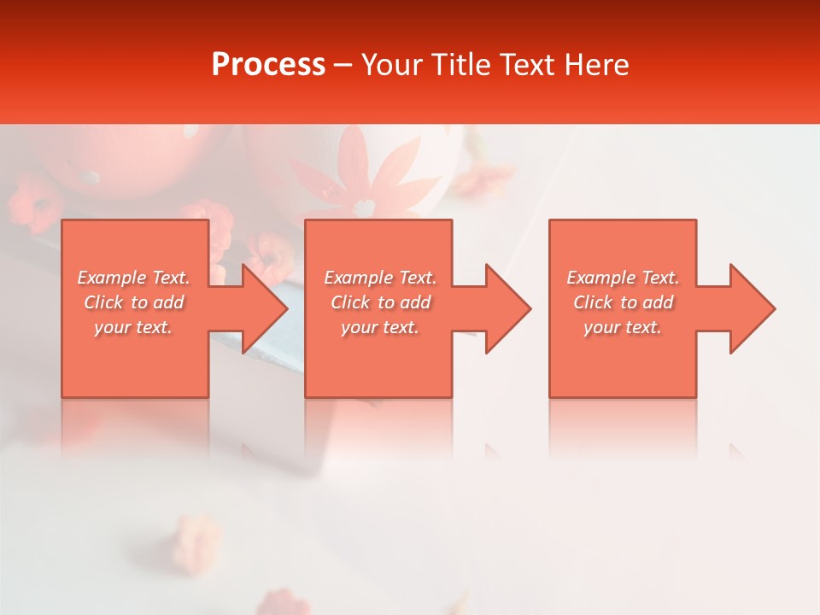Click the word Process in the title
pyautogui.click(x=268, y=65)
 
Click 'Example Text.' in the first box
pyautogui.click(x=134, y=278)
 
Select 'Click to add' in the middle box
pyautogui.click(x=380, y=302)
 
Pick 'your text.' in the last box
pyautogui.click(x=623, y=327)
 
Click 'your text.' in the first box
pyautogui.click(x=134, y=327)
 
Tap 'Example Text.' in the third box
pyautogui.click(x=623, y=278)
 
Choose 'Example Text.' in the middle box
pyautogui.click(x=380, y=278)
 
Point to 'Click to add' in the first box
pyautogui.click(x=134, y=302)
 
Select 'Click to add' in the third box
pyautogui.click(x=623, y=302)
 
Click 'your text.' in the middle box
pyautogui.click(x=380, y=327)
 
